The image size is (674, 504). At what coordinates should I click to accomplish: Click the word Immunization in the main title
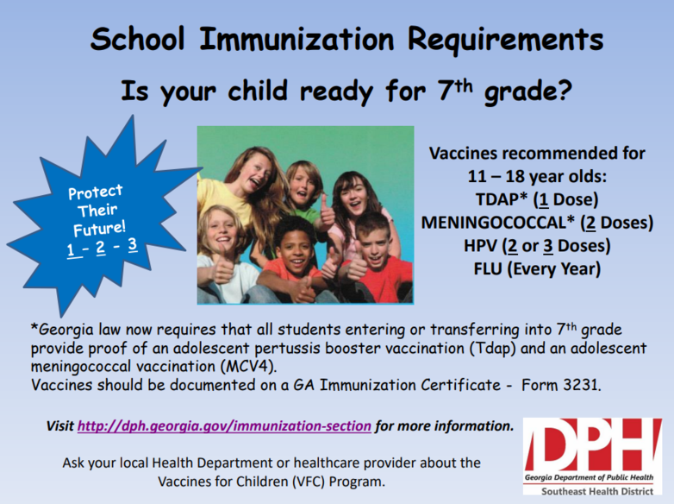296,39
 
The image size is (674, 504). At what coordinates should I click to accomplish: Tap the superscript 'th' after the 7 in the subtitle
464,85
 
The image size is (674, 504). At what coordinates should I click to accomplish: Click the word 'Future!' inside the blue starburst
99,228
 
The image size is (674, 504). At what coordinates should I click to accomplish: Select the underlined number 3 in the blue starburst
133,244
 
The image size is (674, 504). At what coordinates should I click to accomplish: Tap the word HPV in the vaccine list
480,246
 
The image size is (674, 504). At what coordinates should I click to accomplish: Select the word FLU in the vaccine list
488,269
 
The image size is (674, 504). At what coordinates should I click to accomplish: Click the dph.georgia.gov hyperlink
224,426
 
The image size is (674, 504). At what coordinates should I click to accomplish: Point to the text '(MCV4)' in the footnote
248,367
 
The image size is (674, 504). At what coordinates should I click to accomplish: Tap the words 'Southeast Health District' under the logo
597,492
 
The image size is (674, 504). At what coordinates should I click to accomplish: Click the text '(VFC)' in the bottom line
309,482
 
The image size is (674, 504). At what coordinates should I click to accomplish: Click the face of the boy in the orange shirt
295,249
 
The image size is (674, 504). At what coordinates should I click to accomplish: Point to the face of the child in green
303,186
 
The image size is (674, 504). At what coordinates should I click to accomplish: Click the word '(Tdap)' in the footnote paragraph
492,348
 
